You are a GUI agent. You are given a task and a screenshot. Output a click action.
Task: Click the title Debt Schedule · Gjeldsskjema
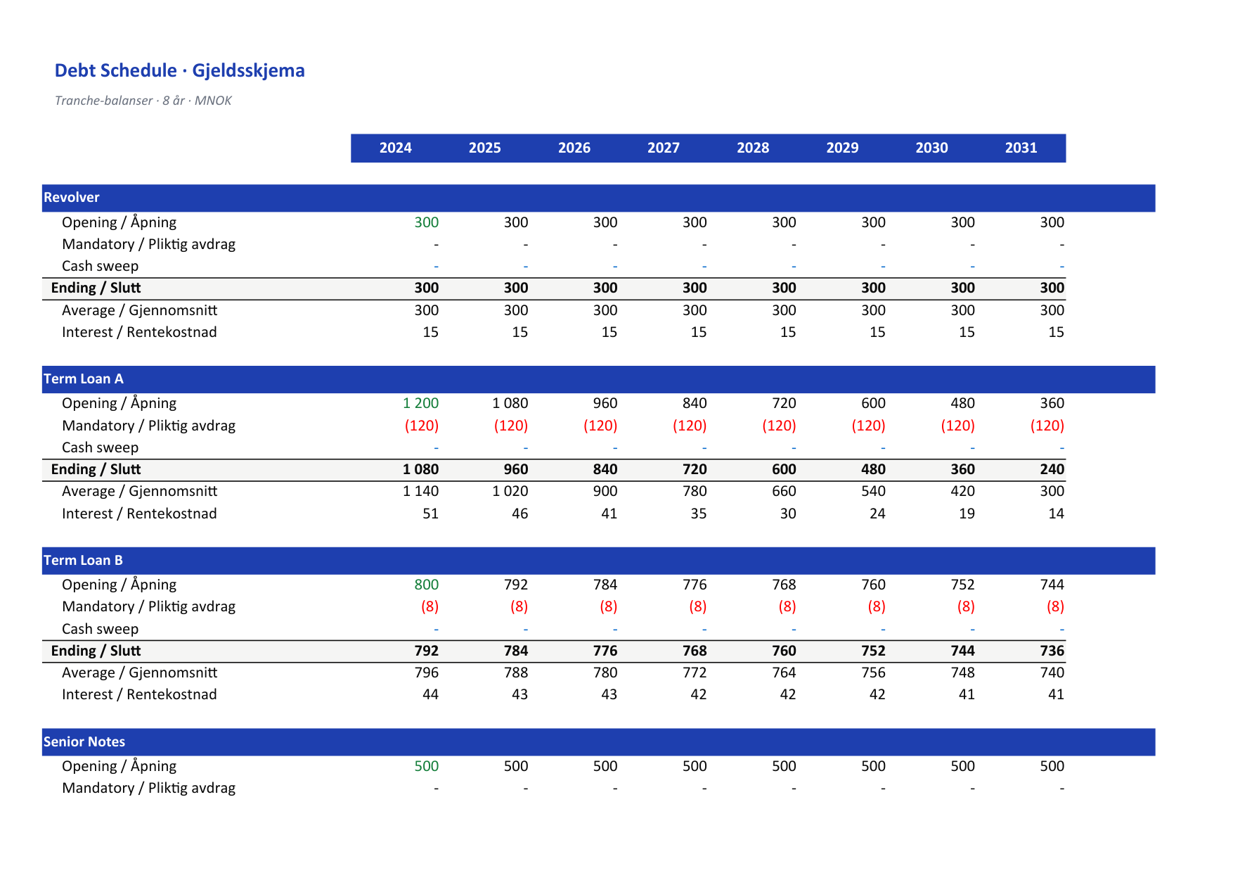[179, 70]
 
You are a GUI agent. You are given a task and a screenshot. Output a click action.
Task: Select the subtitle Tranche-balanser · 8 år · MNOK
[143, 101]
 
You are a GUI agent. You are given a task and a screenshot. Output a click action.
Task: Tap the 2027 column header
[664, 148]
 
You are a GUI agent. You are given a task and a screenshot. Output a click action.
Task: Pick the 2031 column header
[1021, 148]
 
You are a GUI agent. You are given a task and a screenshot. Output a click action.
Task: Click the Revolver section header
[72, 198]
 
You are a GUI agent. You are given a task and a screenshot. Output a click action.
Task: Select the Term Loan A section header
[84, 379]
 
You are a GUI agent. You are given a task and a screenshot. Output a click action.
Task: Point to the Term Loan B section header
[83, 561]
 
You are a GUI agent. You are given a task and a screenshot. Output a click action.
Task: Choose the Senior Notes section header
[84, 742]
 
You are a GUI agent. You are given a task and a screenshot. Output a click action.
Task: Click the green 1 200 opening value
[420, 403]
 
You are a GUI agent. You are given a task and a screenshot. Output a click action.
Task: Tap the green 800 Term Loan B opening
[426, 585]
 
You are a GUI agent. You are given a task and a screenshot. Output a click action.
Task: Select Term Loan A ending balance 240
[1052, 469]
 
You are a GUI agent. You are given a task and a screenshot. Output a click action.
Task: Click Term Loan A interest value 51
[430, 514]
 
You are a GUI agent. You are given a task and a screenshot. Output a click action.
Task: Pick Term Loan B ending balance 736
[1052, 651]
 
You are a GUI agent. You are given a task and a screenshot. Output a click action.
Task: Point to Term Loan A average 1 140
[420, 491]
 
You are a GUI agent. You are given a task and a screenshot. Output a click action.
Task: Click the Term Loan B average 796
[426, 673]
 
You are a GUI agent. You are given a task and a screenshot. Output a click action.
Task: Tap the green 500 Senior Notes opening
[426, 766]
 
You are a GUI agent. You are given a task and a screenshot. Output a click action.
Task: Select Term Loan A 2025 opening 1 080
[510, 403]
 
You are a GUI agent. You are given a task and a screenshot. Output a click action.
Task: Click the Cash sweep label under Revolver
[100, 266]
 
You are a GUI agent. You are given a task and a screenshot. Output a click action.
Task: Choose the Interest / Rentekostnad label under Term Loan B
[139, 694]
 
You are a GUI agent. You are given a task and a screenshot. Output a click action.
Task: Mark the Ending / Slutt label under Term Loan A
[96, 469]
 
